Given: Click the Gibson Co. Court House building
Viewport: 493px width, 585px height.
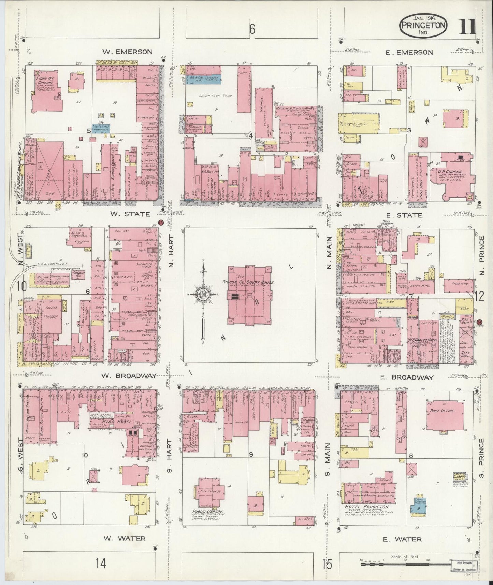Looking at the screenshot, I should point(249,295).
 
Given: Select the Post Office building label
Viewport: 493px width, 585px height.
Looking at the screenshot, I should point(442,411).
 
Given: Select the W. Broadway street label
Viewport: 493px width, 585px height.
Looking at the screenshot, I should point(129,376).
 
